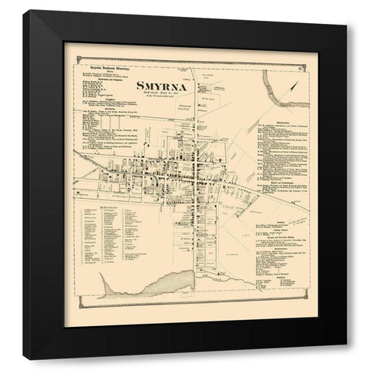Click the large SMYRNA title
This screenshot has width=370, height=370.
tap(162, 86)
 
